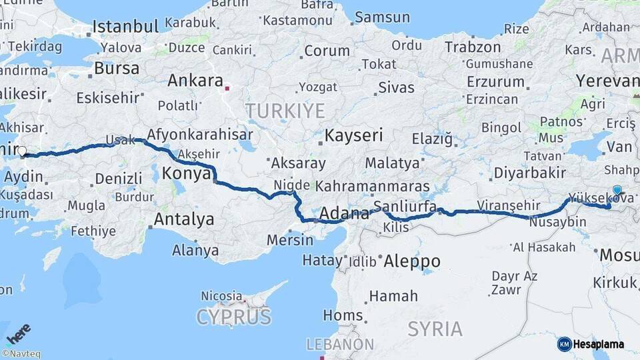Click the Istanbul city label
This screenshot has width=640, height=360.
pyautogui.click(x=125, y=27)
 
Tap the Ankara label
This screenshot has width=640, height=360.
pyautogui.click(x=195, y=81)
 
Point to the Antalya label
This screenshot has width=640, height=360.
pyautogui.click(x=184, y=219)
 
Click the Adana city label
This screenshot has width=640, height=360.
pyautogui.click(x=344, y=214)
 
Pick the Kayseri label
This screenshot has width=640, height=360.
pyautogui.click(x=353, y=136)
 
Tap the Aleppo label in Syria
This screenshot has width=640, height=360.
pyautogui.click(x=412, y=261)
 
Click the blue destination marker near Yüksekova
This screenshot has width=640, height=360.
pyautogui.click(x=617, y=191)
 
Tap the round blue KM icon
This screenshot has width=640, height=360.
pyautogui.click(x=565, y=344)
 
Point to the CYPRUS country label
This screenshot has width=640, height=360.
pyautogui.click(x=233, y=317)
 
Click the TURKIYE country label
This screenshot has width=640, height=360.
pyautogui.click(x=285, y=111)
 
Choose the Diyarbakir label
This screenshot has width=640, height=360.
pyautogui.click(x=530, y=173)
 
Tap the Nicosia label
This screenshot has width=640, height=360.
pyautogui.click(x=221, y=295)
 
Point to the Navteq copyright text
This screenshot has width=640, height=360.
pyautogui.click(x=21, y=354)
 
